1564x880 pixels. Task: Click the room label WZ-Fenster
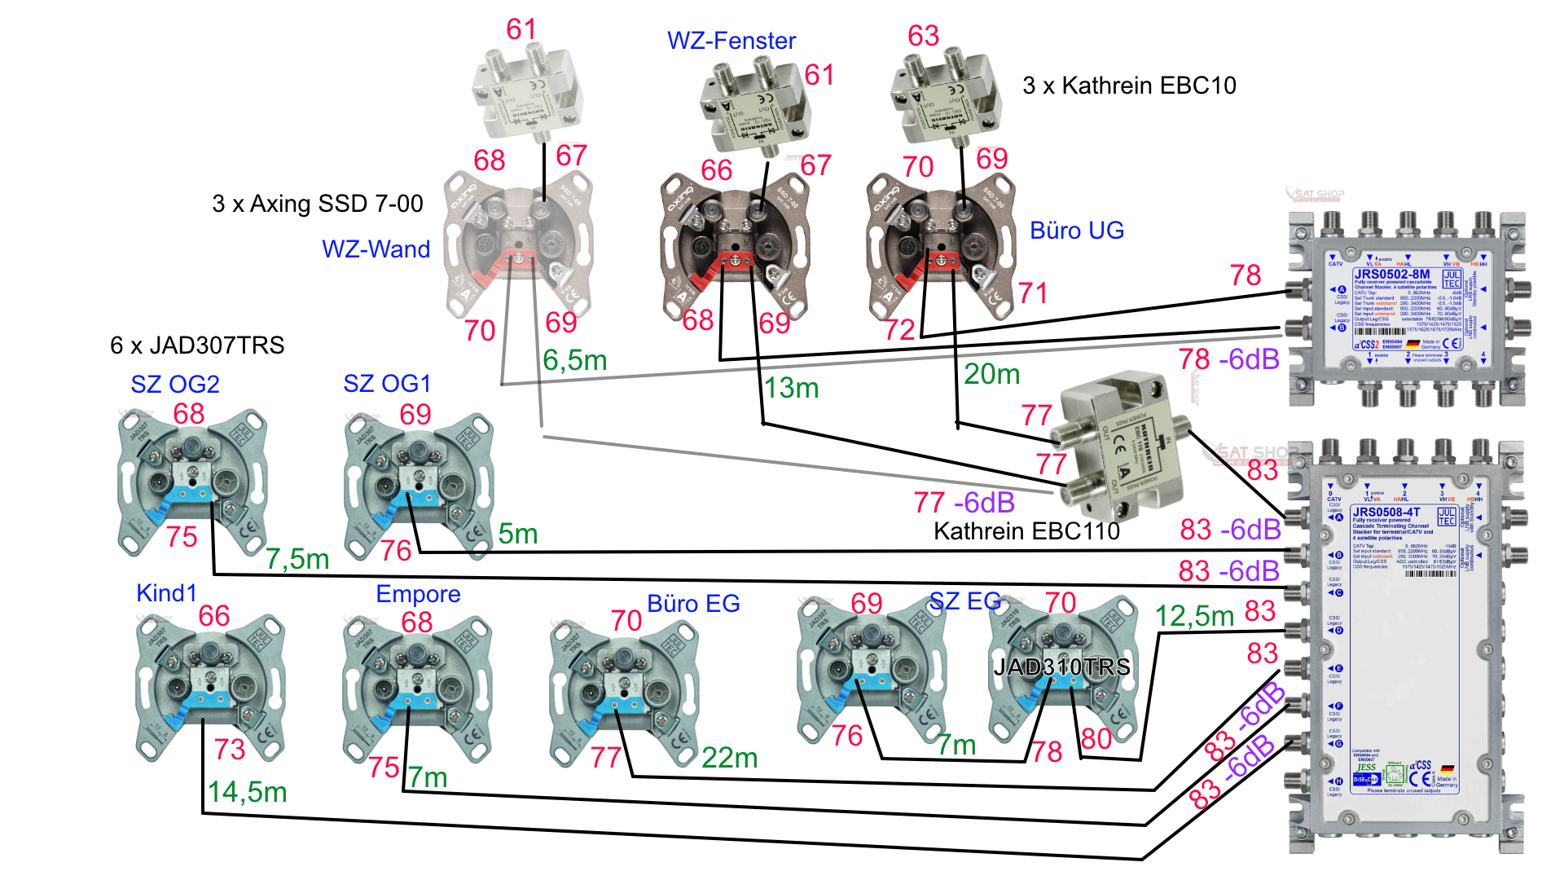(731, 41)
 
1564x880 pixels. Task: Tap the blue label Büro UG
(1076, 231)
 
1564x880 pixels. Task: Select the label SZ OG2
(175, 384)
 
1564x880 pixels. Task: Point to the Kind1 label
(166, 593)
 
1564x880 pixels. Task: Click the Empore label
(418, 594)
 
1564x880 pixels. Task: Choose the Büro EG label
(693, 604)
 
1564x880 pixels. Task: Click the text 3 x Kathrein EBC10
(1129, 86)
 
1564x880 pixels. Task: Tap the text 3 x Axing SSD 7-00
(317, 204)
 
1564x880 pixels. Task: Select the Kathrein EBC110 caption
(1026, 531)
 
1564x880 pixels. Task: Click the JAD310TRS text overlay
(1061, 667)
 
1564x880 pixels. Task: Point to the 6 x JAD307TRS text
(197, 345)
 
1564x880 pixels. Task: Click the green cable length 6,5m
(575, 360)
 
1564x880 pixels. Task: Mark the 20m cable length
(991, 374)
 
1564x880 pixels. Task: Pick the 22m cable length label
(729, 758)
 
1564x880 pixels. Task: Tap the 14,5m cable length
(247, 792)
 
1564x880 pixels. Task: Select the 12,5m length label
(1194, 616)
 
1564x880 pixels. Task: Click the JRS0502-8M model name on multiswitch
(1391, 274)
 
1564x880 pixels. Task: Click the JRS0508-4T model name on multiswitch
(1386, 512)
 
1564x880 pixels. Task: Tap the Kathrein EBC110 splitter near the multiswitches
(1121, 448)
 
